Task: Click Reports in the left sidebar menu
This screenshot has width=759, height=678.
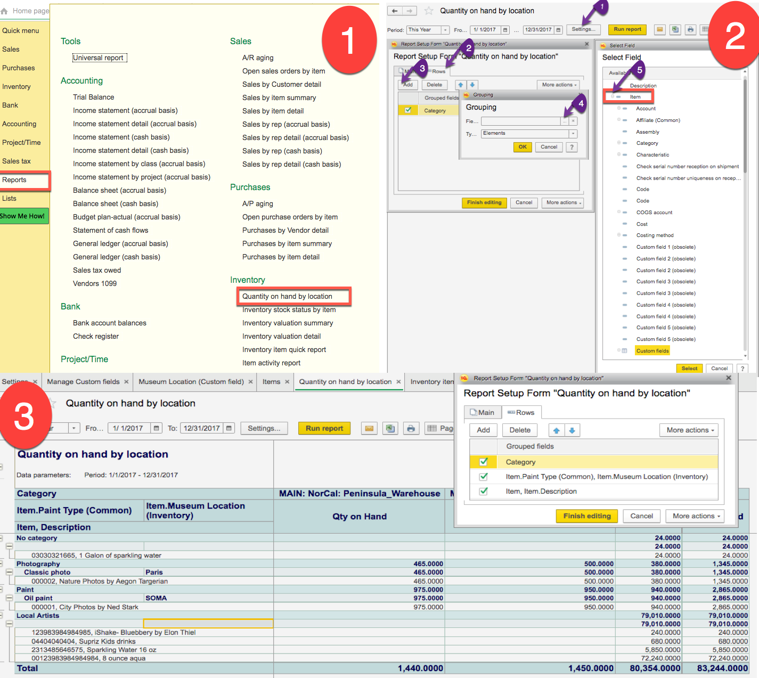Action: (15, 180)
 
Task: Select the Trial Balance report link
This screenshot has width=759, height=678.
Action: (94, 97)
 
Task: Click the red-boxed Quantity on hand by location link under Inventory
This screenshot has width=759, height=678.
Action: (288, 297)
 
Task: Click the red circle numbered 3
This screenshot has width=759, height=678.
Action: (24, 416)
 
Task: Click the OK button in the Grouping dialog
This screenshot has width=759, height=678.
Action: (523, 147)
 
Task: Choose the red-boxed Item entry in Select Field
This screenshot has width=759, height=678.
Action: (635, 97)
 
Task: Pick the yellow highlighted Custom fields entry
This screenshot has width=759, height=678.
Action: (652, 351)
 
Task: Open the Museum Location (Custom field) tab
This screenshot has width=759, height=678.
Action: (191, 382)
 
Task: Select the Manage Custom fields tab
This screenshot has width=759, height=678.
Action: (83, 382)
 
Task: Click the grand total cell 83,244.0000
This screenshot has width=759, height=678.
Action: (722, 668)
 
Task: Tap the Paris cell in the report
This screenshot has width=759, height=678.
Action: (154, 573)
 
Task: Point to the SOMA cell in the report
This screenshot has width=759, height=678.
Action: (156, 598)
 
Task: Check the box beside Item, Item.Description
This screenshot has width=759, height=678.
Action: (484, 492)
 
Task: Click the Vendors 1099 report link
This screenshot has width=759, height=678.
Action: (95, 284)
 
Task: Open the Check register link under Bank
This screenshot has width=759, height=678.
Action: (96, 337)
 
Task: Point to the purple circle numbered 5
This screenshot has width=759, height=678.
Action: (640, 70)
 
